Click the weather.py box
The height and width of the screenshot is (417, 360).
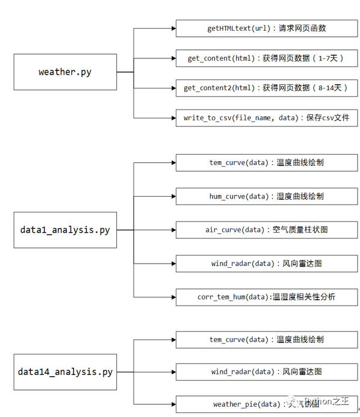click(65, 72)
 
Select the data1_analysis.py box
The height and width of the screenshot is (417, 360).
click(65, 230)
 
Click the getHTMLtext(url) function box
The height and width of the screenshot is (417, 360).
click(267, 28)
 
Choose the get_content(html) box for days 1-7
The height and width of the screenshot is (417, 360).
click(267, 58)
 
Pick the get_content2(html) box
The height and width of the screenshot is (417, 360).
click(267, 88)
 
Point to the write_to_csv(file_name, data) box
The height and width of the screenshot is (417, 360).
click(267, 118)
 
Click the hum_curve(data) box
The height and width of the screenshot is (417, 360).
click(267, 197)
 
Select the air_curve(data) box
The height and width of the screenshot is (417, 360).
click(267, 230)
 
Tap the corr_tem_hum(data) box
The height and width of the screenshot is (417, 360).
click(267, 297)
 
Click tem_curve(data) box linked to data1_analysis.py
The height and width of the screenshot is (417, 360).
click(267, 163)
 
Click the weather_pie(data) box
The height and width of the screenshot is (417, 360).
click(267, 404)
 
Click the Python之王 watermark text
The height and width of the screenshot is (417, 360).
click(326, 401)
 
